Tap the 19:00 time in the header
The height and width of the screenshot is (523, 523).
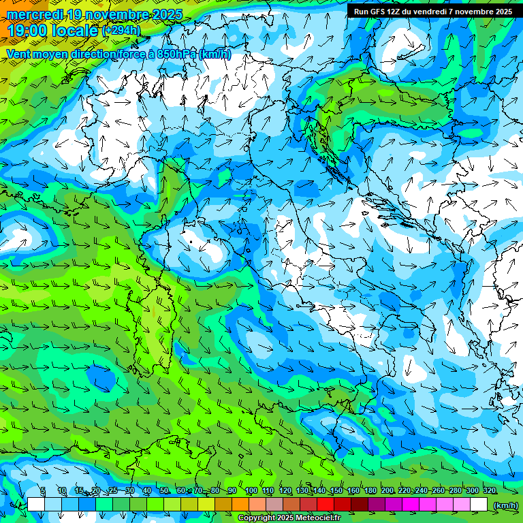point(27,31)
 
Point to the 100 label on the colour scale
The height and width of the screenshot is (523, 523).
point(251,491)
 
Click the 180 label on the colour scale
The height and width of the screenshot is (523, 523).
point(370,491)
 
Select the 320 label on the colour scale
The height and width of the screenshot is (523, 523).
point(490,491)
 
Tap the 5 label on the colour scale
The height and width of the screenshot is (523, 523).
point(43,491)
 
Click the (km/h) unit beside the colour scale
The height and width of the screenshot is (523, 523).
point(505,505)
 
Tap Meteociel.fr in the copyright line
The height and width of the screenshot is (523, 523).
point(319,518)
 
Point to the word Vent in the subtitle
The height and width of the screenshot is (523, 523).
point(18,54)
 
